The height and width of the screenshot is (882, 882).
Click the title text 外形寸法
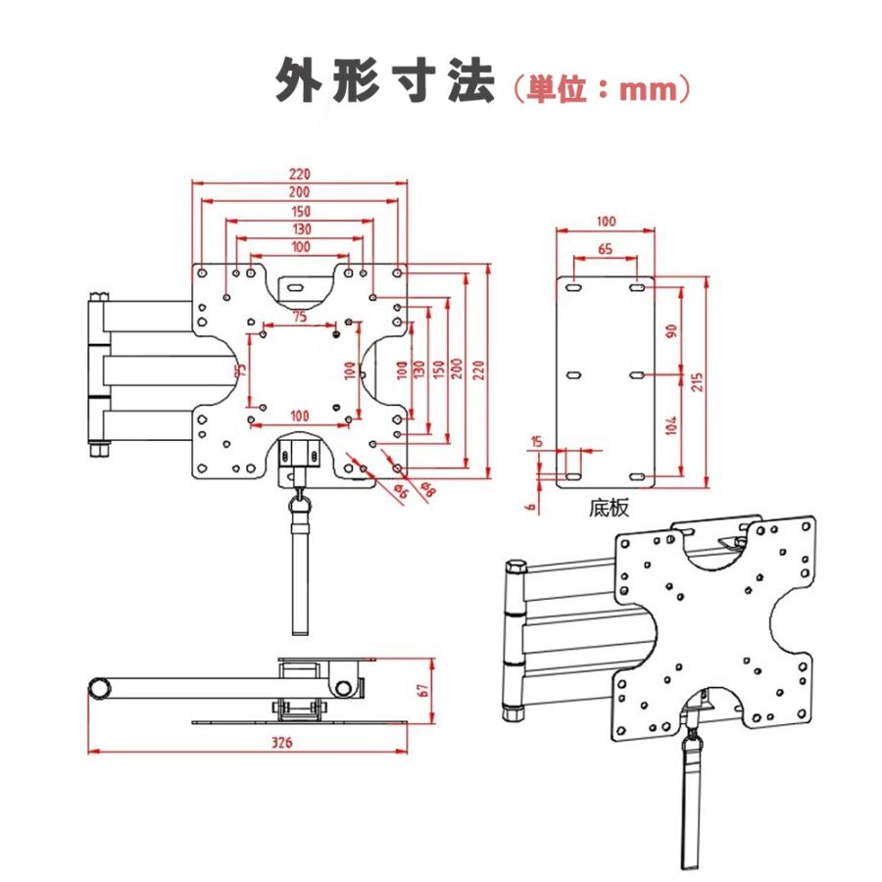[x=385, y=80]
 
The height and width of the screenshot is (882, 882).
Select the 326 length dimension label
[x=282, y=742]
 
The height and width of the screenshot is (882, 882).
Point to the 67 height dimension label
[x=423, y=690]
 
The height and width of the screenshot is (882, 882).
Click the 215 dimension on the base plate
[x=697, y=382]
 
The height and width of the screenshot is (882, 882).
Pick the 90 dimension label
[x=671, y=331]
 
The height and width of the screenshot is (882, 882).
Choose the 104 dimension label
[x=670, y=425]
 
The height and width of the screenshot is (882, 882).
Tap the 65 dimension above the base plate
[x=606, y=249]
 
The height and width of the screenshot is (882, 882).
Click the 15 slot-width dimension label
[x=537, y=442]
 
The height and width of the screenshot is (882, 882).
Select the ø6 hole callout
[x=400, y=491]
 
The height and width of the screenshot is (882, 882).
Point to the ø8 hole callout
[x=427, y=489]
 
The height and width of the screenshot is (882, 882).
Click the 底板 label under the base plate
[x=609, y=508]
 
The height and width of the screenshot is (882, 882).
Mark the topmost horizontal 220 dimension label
[x=300, y=174]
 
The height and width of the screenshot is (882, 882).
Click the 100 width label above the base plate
[x=606, y=221]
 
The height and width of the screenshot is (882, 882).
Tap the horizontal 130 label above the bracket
[x=301, y=229]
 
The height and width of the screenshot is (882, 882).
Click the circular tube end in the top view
[x=101, y=688]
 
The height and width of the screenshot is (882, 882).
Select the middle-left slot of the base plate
[x=573, y=375]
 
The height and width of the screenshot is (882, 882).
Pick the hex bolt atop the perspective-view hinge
[x=515, y=565]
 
